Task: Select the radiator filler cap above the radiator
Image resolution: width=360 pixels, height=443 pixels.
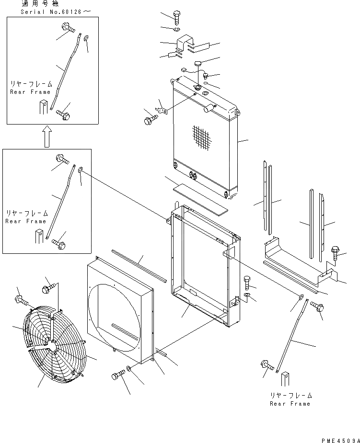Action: tap(198, 63)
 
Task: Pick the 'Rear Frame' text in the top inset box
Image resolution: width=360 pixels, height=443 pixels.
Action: tap(30, 92)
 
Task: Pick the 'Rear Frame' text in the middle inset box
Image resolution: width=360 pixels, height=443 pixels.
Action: tap(25, 221)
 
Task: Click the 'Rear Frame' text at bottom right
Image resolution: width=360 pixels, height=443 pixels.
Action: tap(290, 404)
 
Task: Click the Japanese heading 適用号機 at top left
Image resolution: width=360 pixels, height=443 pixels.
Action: tap(35, 3)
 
